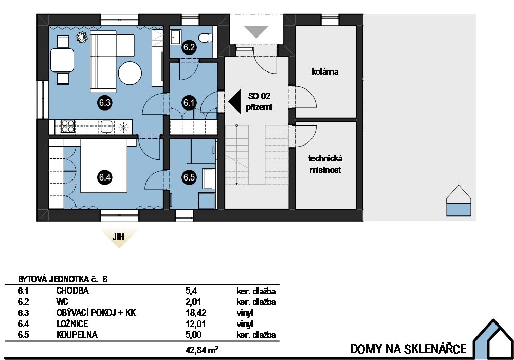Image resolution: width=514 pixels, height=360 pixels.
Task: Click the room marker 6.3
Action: [104, 103]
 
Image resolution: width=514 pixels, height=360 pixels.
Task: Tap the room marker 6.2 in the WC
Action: [189, 47]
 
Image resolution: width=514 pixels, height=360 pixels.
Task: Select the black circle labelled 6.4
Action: [104, 177]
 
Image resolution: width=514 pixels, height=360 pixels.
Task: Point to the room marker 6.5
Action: [189, 177]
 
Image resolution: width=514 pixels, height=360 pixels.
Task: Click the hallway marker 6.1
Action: [189, 103]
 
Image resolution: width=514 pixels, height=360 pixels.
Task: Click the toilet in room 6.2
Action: [206, 38]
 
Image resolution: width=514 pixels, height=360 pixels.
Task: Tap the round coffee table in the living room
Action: [130, 74]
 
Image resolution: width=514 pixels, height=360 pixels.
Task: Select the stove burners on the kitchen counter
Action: [68, 127]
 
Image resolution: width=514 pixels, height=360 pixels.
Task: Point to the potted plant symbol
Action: [82, 37]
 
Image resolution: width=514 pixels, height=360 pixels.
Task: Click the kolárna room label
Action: [325, 71]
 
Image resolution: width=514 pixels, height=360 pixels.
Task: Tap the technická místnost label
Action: [325, 164]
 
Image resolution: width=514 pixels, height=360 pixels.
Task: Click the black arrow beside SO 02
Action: [234, 101]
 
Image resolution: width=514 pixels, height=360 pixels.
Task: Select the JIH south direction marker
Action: [119, 237]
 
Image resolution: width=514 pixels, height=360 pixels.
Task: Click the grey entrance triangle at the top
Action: [257, 32]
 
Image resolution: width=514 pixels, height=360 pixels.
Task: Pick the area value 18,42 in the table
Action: [196, 313]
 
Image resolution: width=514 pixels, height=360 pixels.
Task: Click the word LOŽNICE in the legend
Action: [72, 324]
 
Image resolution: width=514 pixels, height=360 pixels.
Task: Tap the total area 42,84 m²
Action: [202, 350]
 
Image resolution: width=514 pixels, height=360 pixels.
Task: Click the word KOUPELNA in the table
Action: [77, 335]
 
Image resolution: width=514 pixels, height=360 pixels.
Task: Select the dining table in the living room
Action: [62, 60]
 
